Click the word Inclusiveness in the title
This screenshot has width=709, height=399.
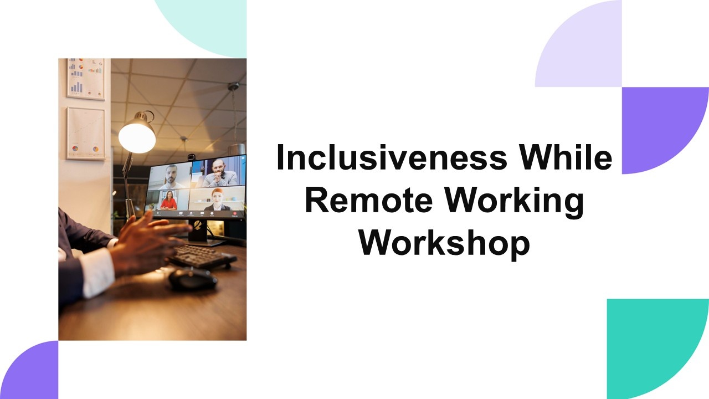point(392,158)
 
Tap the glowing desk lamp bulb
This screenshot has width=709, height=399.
point(137,136)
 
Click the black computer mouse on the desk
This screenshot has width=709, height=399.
point(192,279)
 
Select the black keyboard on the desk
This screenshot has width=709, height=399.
point(202,257)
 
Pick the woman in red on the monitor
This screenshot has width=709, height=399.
point(168,201)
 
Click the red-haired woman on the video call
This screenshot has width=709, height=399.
point(218,199)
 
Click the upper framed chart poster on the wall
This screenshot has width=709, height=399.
point(85,79)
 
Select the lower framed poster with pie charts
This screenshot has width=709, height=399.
point(86,134)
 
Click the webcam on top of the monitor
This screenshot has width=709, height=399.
point(191,157)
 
